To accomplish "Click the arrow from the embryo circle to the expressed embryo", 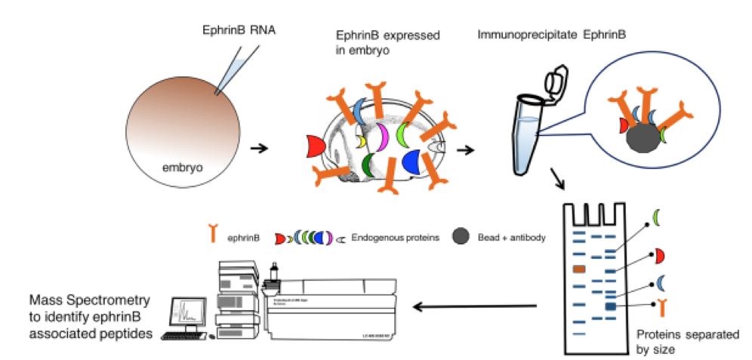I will coord(260,147).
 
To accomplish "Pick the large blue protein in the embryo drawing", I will coord(412,161).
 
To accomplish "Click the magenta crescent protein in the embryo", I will coord(382,136).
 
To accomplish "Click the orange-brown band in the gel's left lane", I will coord(580,269).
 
